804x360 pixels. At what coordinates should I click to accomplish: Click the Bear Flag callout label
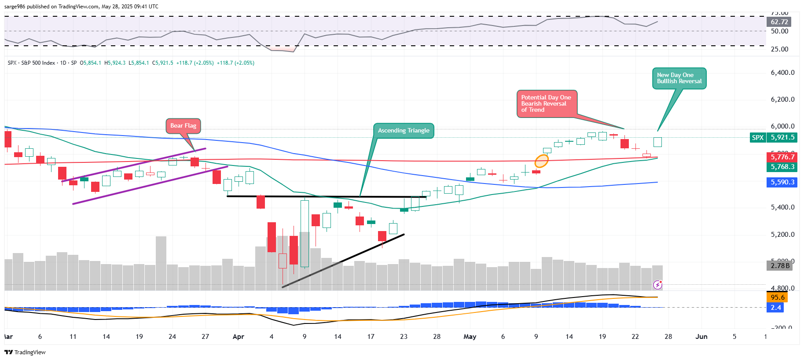click(x=183, y=126)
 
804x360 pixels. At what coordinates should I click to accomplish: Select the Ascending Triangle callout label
click(x=404, y=131)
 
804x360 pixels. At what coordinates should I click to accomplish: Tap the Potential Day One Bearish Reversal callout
click(x=546, y=104)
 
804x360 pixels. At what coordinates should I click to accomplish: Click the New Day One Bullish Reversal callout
click(x=679, y=78)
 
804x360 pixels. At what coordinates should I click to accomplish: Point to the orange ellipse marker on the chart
click(x=541, y=161)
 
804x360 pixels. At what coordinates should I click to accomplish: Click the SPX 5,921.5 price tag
click(x=773, y=138)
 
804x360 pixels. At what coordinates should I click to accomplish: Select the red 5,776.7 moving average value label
click(x=782, y=157)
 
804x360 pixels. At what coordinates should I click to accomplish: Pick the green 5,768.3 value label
click(x=782, y=167)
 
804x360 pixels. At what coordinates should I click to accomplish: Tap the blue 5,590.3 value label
click(x=782, y=182)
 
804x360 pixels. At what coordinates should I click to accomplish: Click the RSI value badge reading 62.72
click(x=779, y=22)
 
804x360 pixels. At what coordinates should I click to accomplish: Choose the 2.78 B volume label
click(x=780, y=266)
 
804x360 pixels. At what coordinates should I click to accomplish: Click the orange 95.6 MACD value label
click(x=778, y=298)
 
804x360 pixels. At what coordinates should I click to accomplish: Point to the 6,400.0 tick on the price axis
click(x=782, y=73)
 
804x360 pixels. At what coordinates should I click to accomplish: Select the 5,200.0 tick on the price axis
click(x=782, y=235)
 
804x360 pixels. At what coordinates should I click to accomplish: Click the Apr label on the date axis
click(x=238, y=337)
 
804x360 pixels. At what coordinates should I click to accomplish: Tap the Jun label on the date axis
click(x=701, y=337)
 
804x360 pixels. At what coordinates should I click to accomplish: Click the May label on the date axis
click(x=470, y=337)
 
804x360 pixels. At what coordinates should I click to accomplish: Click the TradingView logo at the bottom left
click(x=25, y=352)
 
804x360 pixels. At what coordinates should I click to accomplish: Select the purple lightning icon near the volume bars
click(x=657, y=285)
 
